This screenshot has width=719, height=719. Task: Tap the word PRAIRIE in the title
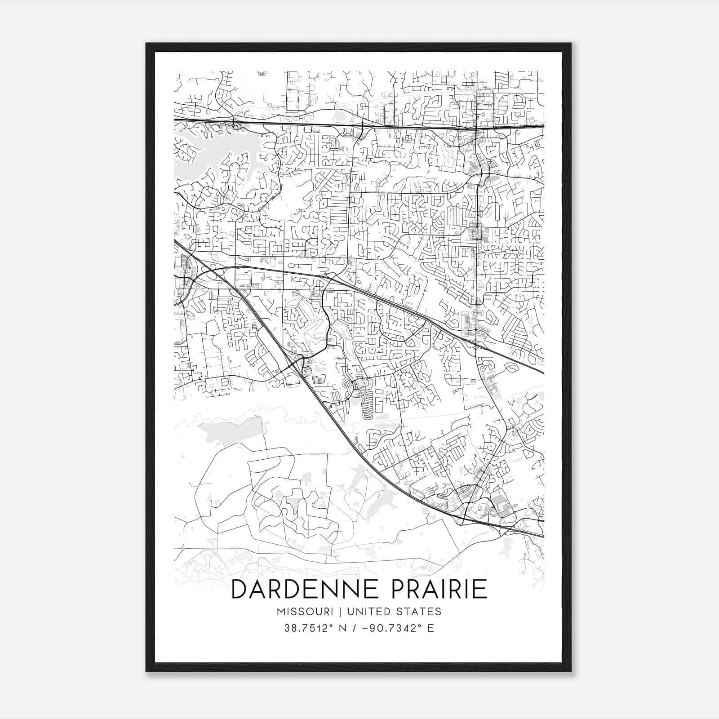pos(439,590)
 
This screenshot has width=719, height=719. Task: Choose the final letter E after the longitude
pos(431,628)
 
